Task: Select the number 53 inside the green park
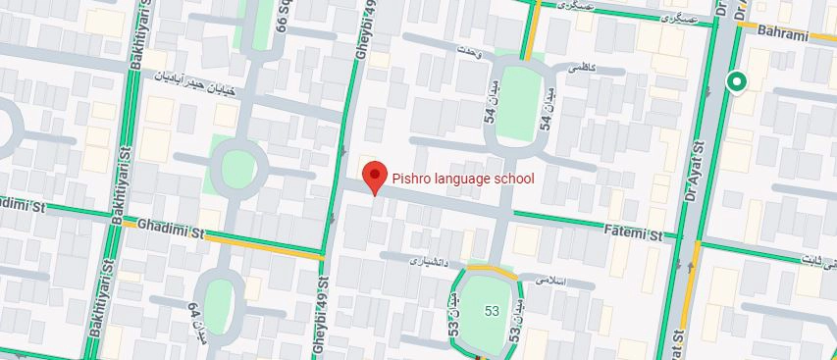490,311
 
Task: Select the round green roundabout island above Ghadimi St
235,172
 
